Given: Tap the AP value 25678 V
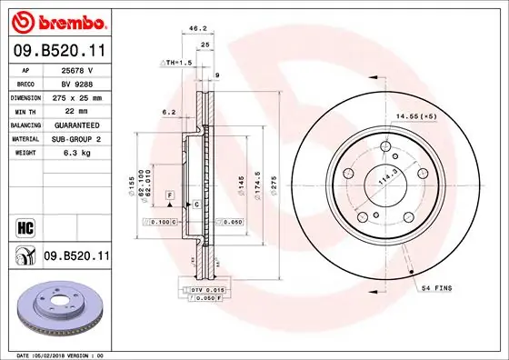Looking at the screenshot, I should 78,69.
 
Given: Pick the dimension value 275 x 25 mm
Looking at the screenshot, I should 77,95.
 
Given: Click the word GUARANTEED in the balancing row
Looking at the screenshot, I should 77,125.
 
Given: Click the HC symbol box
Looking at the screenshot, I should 25,224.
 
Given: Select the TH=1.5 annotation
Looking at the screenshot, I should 178,62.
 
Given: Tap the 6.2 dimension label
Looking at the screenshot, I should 168,112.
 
